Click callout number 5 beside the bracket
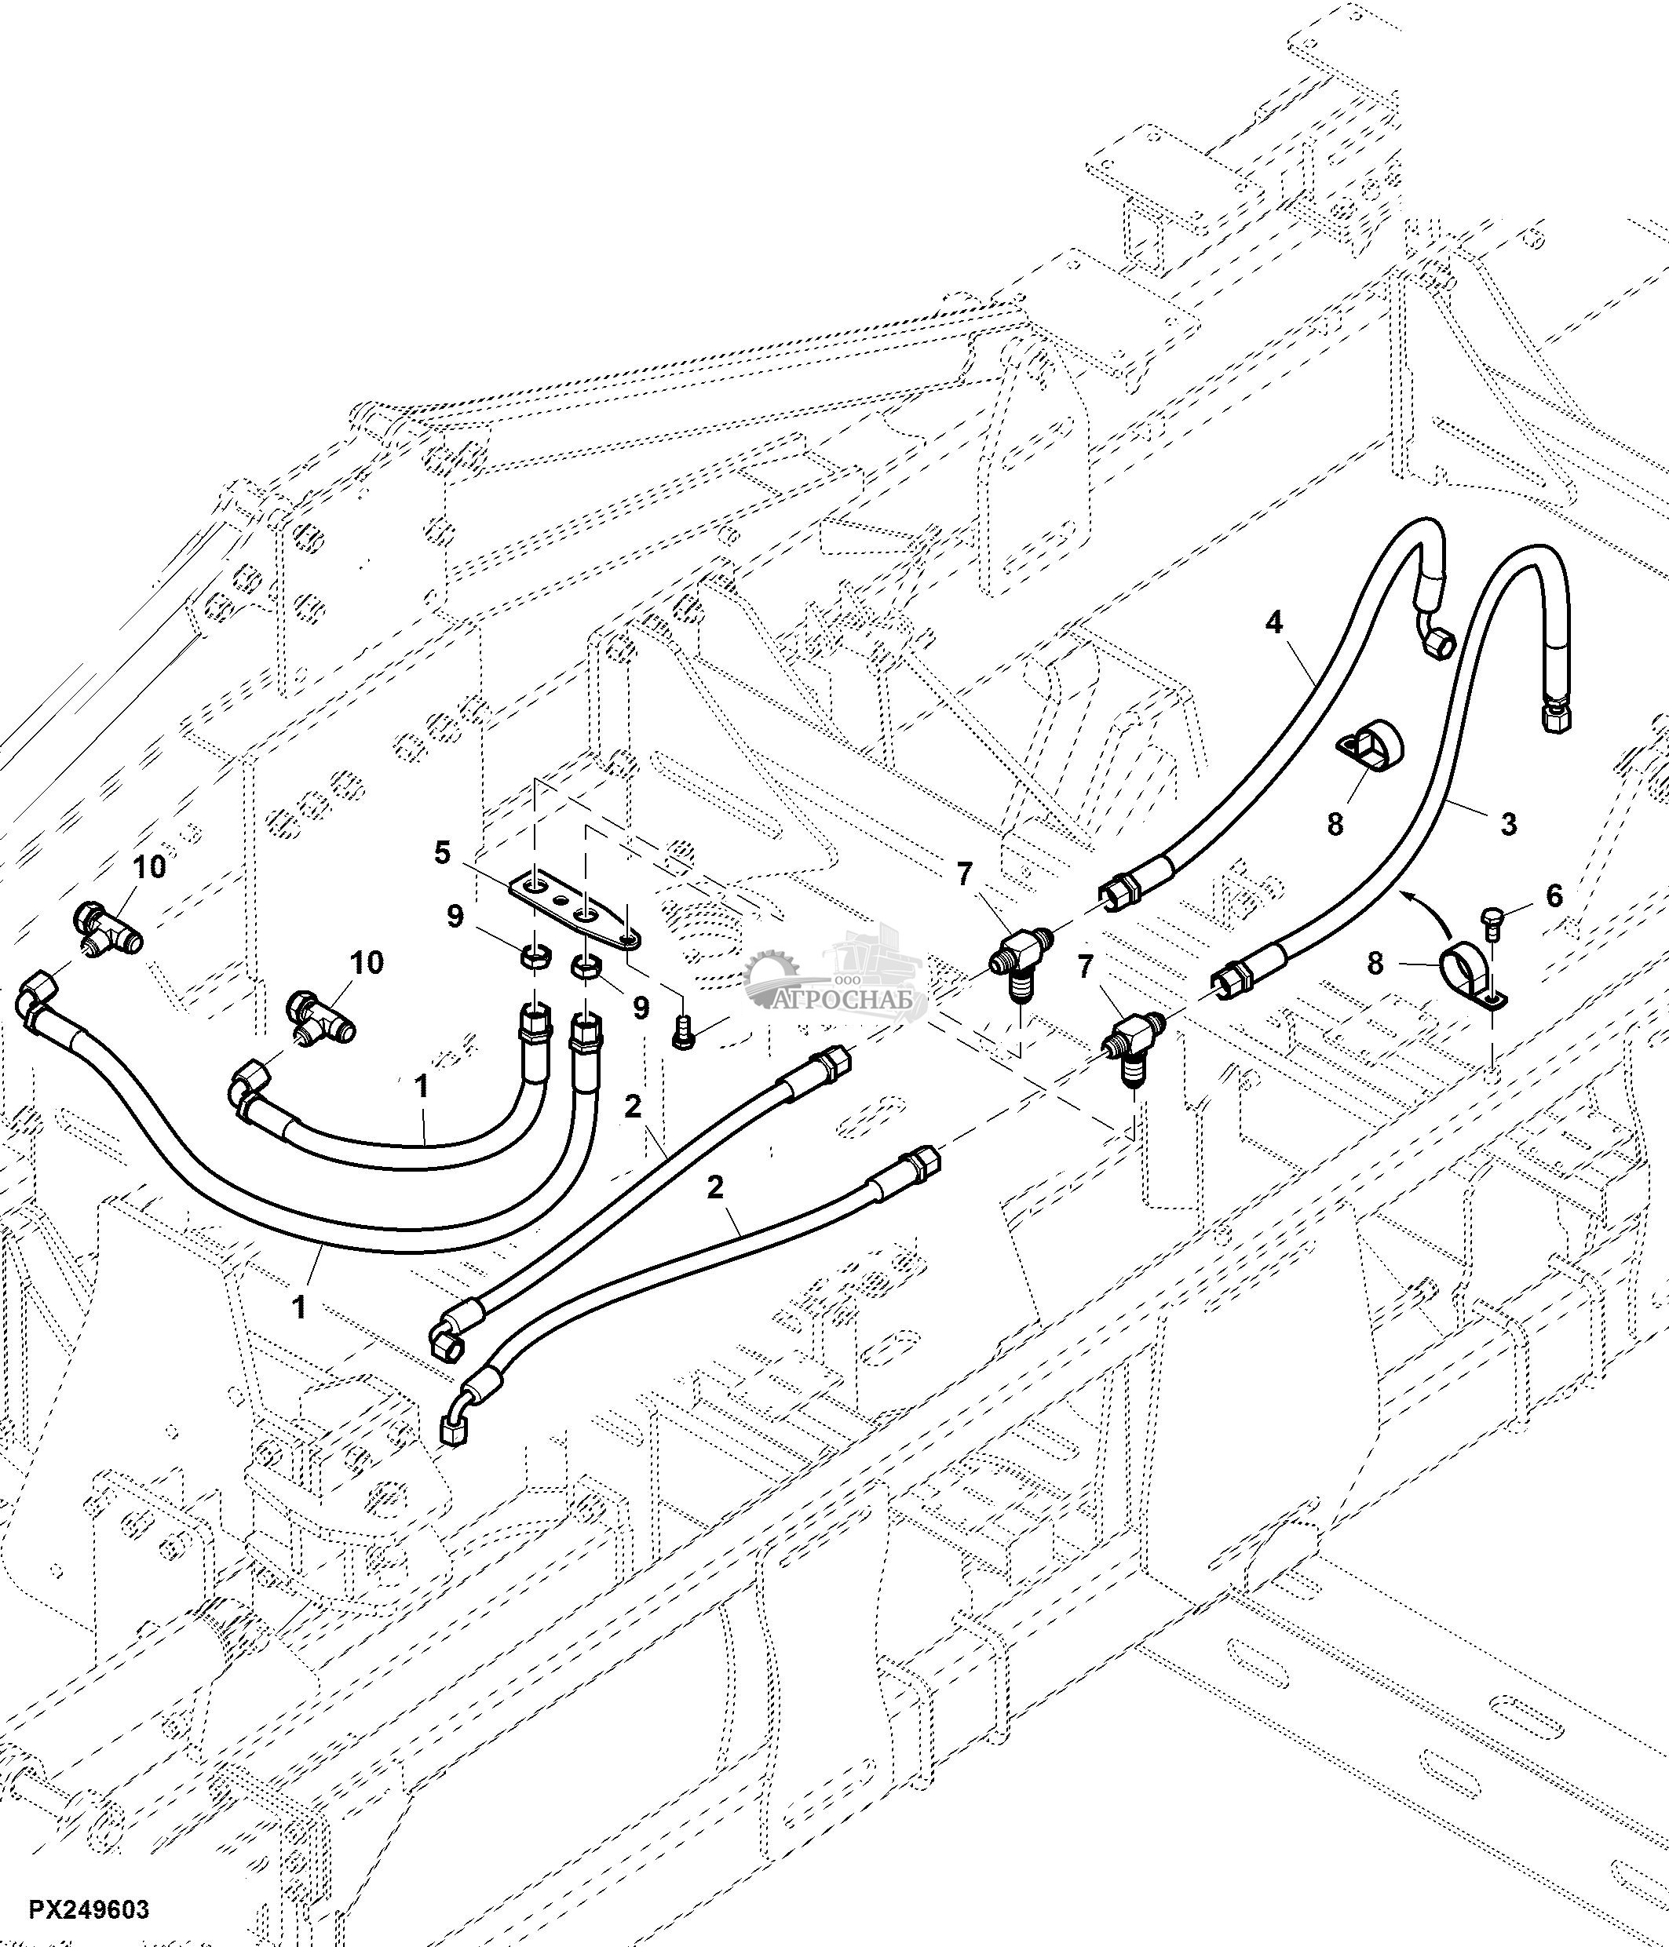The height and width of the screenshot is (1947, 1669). (x=442, y=853)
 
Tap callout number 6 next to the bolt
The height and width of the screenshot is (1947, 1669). (x=1554, y=895)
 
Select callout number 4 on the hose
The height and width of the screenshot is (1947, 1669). (x=1273, y=623)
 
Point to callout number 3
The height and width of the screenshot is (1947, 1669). (x=1508, y=824)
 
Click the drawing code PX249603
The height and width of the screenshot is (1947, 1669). (x=89, y=1910)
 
